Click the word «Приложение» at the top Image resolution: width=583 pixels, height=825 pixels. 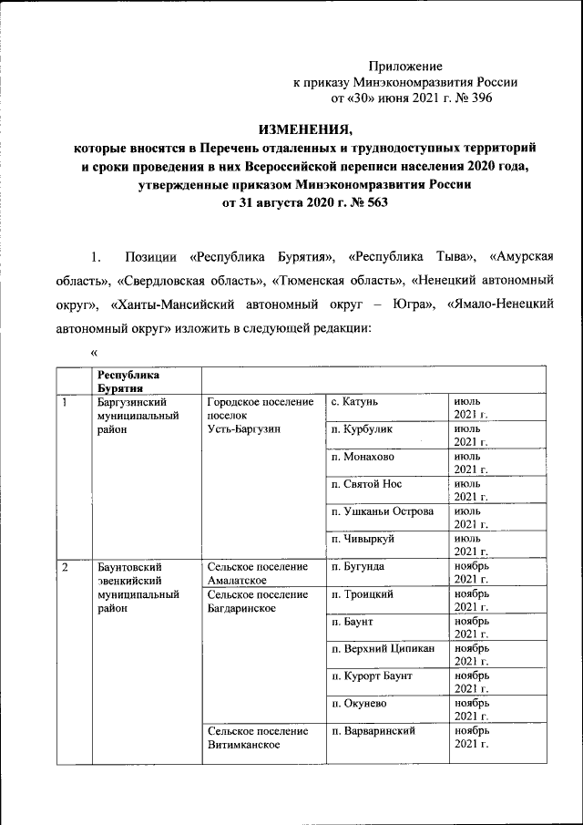pos(405,66)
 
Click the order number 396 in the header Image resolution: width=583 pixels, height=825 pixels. pos(479,97)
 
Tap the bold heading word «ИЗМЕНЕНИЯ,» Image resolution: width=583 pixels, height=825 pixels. pos(301,129)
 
